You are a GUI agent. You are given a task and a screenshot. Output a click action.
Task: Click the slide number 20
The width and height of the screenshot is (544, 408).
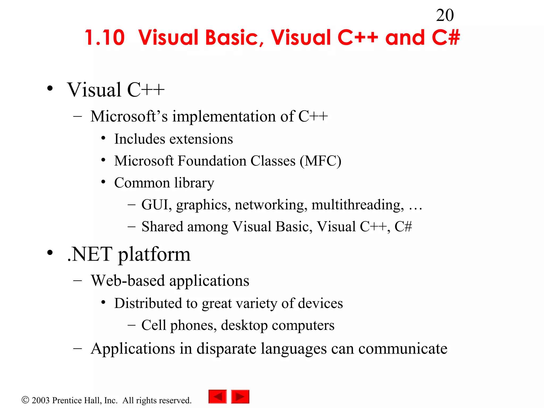[445, 15]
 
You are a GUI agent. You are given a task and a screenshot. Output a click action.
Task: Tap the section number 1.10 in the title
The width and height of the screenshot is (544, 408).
[105, 38]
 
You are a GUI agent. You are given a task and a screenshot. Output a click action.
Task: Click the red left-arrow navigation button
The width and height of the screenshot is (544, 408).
[218, 397]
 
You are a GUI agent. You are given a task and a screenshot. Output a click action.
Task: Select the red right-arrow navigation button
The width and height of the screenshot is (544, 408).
[240, 397]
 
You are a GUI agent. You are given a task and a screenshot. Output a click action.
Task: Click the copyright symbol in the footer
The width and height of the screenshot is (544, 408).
[25, 400]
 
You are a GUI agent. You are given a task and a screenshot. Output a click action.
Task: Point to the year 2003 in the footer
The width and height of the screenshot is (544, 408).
[41, 400]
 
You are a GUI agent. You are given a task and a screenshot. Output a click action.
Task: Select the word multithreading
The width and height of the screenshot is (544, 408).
[358, 205]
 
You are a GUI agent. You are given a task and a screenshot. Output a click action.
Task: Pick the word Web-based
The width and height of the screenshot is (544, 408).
[128, 280]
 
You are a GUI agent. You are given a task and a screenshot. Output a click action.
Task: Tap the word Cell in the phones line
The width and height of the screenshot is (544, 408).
[154, 325]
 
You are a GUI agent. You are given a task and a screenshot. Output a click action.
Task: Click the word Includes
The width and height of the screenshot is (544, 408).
[136, 139]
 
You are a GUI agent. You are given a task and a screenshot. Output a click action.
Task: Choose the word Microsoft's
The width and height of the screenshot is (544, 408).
[129, 116]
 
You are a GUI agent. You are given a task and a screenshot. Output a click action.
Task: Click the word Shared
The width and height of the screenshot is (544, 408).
[162, 227]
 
